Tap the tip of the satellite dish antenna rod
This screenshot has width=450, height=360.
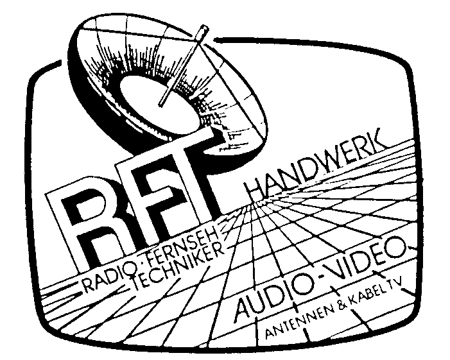(203, 28)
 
